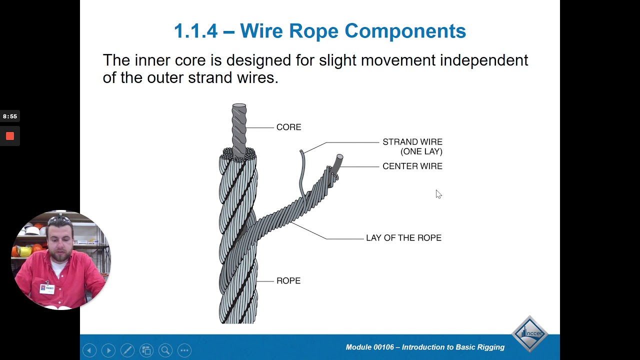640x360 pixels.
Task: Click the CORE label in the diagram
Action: coord(288,127)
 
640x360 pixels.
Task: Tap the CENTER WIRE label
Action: coord(412,166)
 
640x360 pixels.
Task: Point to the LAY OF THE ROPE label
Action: coord(403,238)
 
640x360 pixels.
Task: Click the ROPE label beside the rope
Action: coord(288,281)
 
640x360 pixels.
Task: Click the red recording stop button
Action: coord(10,136)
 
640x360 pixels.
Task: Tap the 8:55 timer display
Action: coord(10,116)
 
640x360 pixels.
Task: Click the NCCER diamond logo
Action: coord(529,333)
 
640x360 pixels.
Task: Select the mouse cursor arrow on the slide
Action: coord(438,194)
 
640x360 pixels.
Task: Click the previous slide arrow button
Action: coord(89,350)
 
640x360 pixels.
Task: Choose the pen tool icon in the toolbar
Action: coord(127,350)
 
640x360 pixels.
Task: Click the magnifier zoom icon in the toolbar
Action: coord(165,350)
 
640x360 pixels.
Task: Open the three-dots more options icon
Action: coord(184,350)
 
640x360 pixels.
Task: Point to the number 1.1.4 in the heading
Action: coord(195,31)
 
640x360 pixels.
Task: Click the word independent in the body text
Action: coord(483,60)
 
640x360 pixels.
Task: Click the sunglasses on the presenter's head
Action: coord(59,219)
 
